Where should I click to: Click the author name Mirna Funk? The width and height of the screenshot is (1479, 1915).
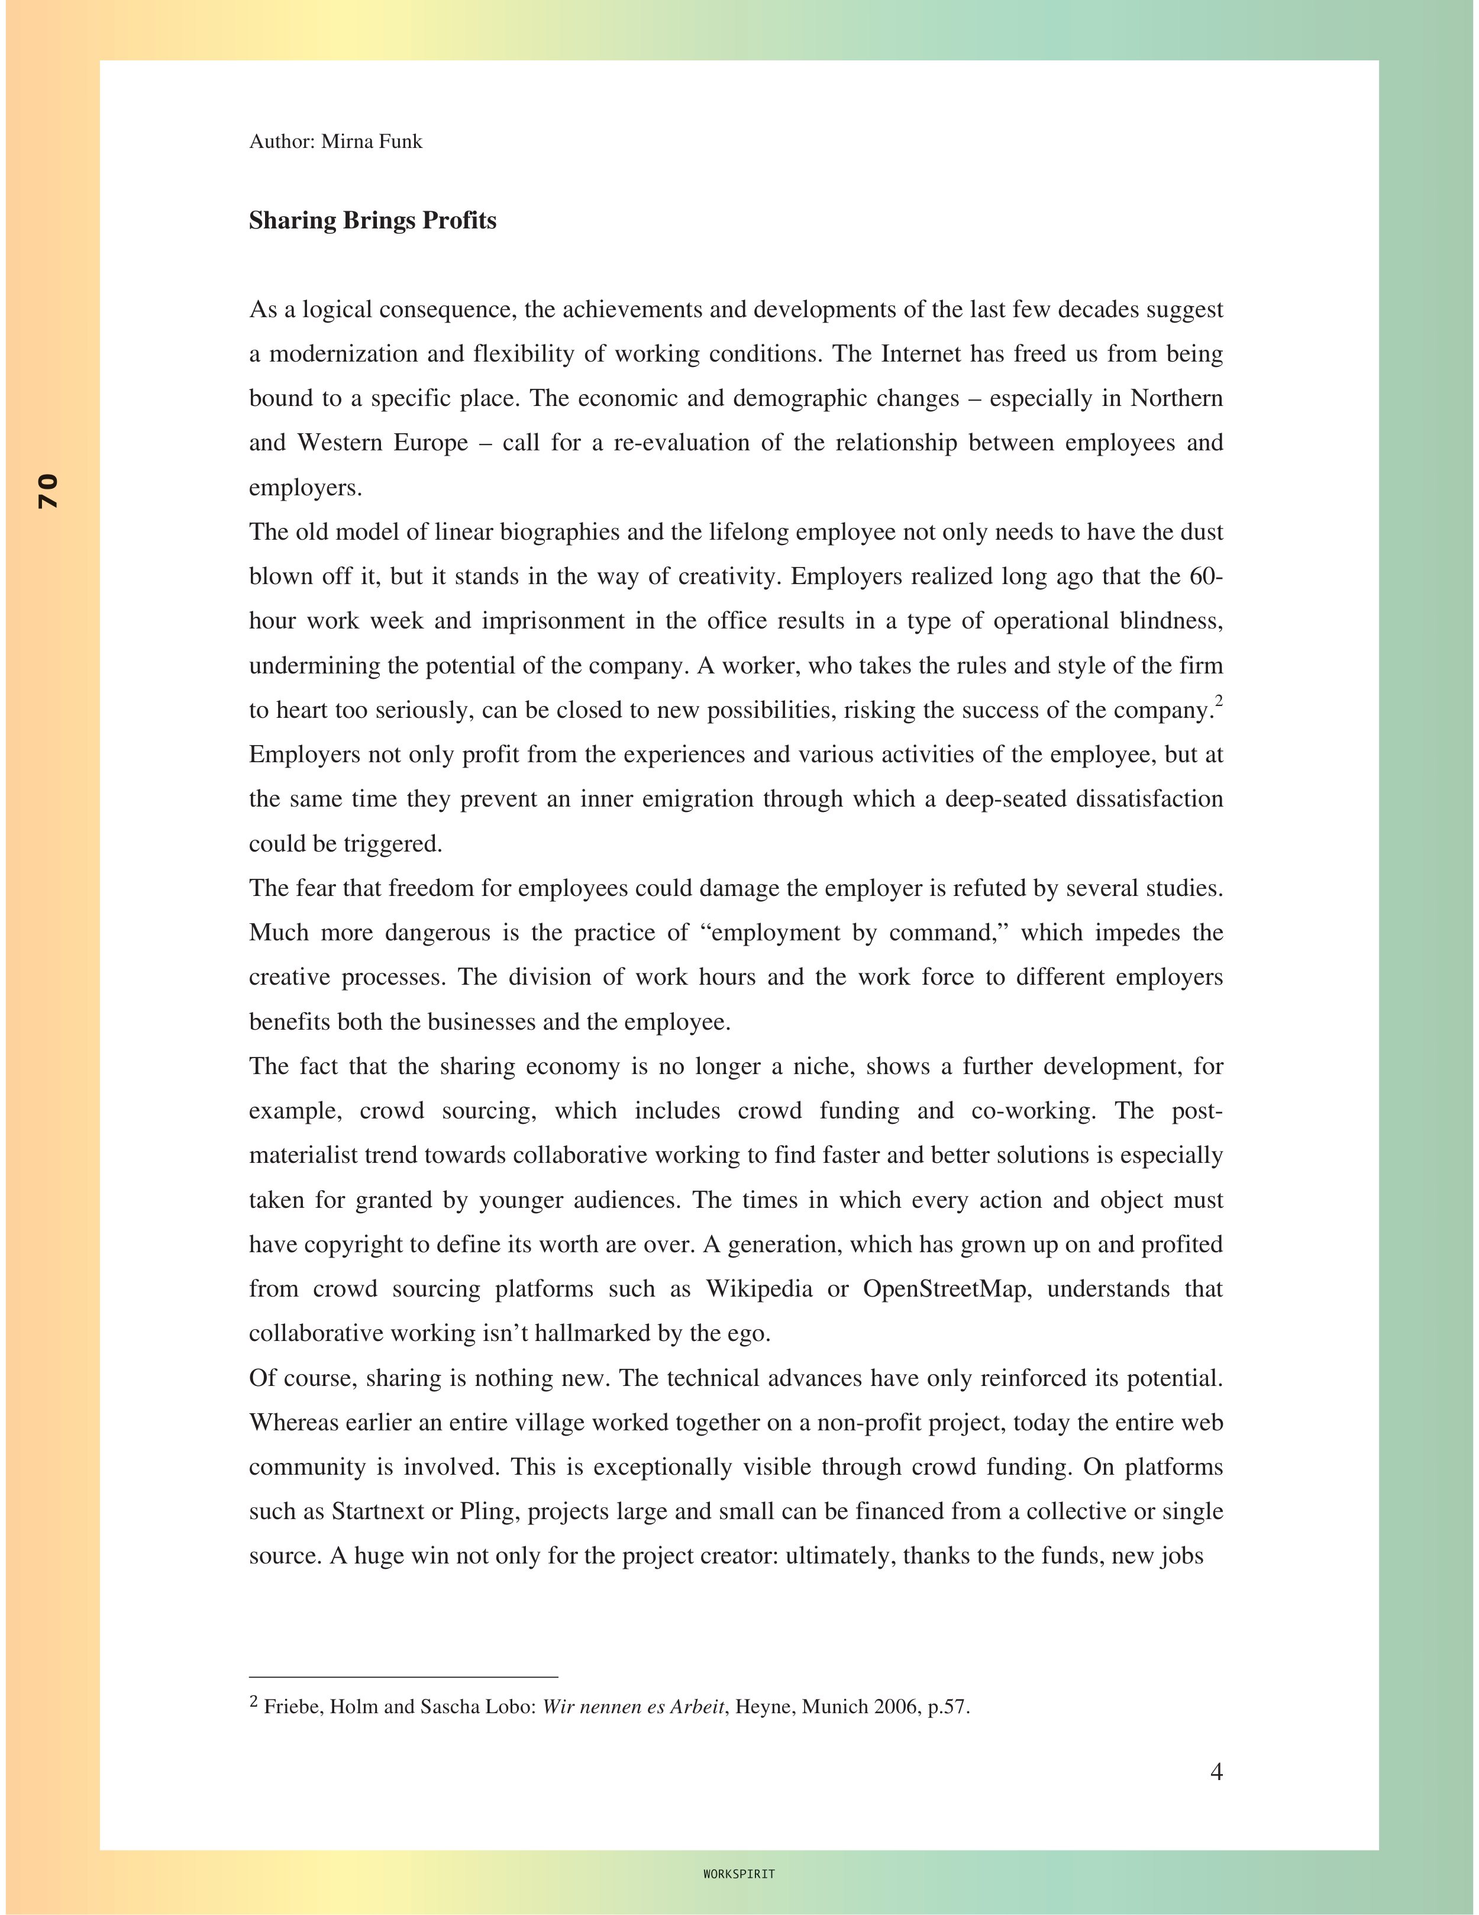pyautogui.click(x=372, y=142)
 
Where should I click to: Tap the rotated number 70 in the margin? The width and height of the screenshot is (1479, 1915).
pyautogui.click(x=49, y=491)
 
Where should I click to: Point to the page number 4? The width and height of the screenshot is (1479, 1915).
pyautogui.click(x=1216, y=1772)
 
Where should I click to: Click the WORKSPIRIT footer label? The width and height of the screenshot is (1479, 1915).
pyautogui.click(x=739, y=1874)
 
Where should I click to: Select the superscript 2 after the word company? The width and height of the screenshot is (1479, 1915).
pyautogui.click(x=1219, y=701)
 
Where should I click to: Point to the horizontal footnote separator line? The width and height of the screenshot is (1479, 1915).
pyautogui.click(x=403, y=1677)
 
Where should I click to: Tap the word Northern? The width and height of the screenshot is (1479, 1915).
pyautogui.click(x=1177, y=399)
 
